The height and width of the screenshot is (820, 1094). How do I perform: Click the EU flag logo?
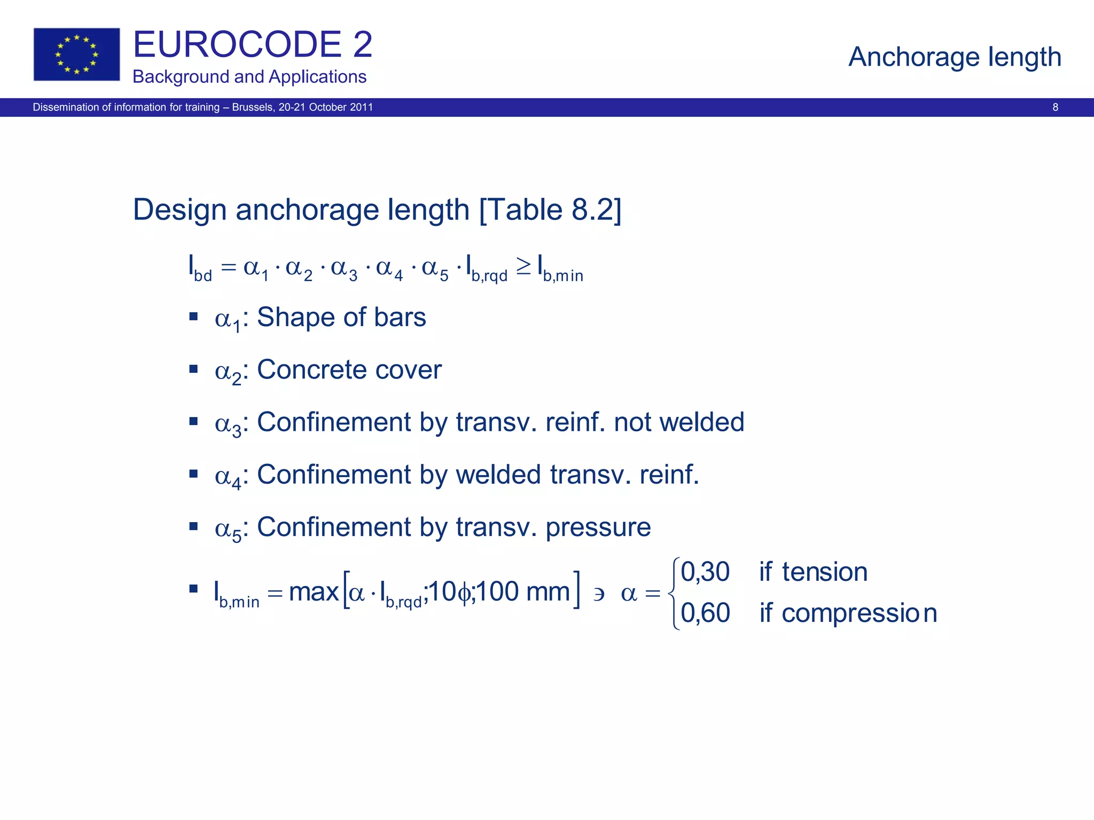tap(76, 54)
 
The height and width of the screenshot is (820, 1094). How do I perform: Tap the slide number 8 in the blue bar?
tap(1055, 107)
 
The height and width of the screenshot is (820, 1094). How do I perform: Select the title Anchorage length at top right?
tap(955, 57)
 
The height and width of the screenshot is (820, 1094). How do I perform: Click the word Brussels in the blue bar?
tap(253, 107)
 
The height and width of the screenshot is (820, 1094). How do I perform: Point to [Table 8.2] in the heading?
tap(551, 209)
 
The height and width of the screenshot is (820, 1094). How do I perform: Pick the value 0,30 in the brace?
tap(705, 572)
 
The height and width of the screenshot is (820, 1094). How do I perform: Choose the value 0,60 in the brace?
tap(705, 612)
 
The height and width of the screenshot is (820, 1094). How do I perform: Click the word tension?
tap(824, 572)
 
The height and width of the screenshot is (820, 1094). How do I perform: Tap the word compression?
tap(859, 613)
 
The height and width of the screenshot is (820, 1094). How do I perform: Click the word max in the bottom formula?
tap(314, 592)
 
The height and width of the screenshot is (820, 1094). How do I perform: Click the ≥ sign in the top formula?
tap(523, 266)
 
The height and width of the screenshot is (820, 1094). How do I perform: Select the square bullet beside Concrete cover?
tap(193, 369)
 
